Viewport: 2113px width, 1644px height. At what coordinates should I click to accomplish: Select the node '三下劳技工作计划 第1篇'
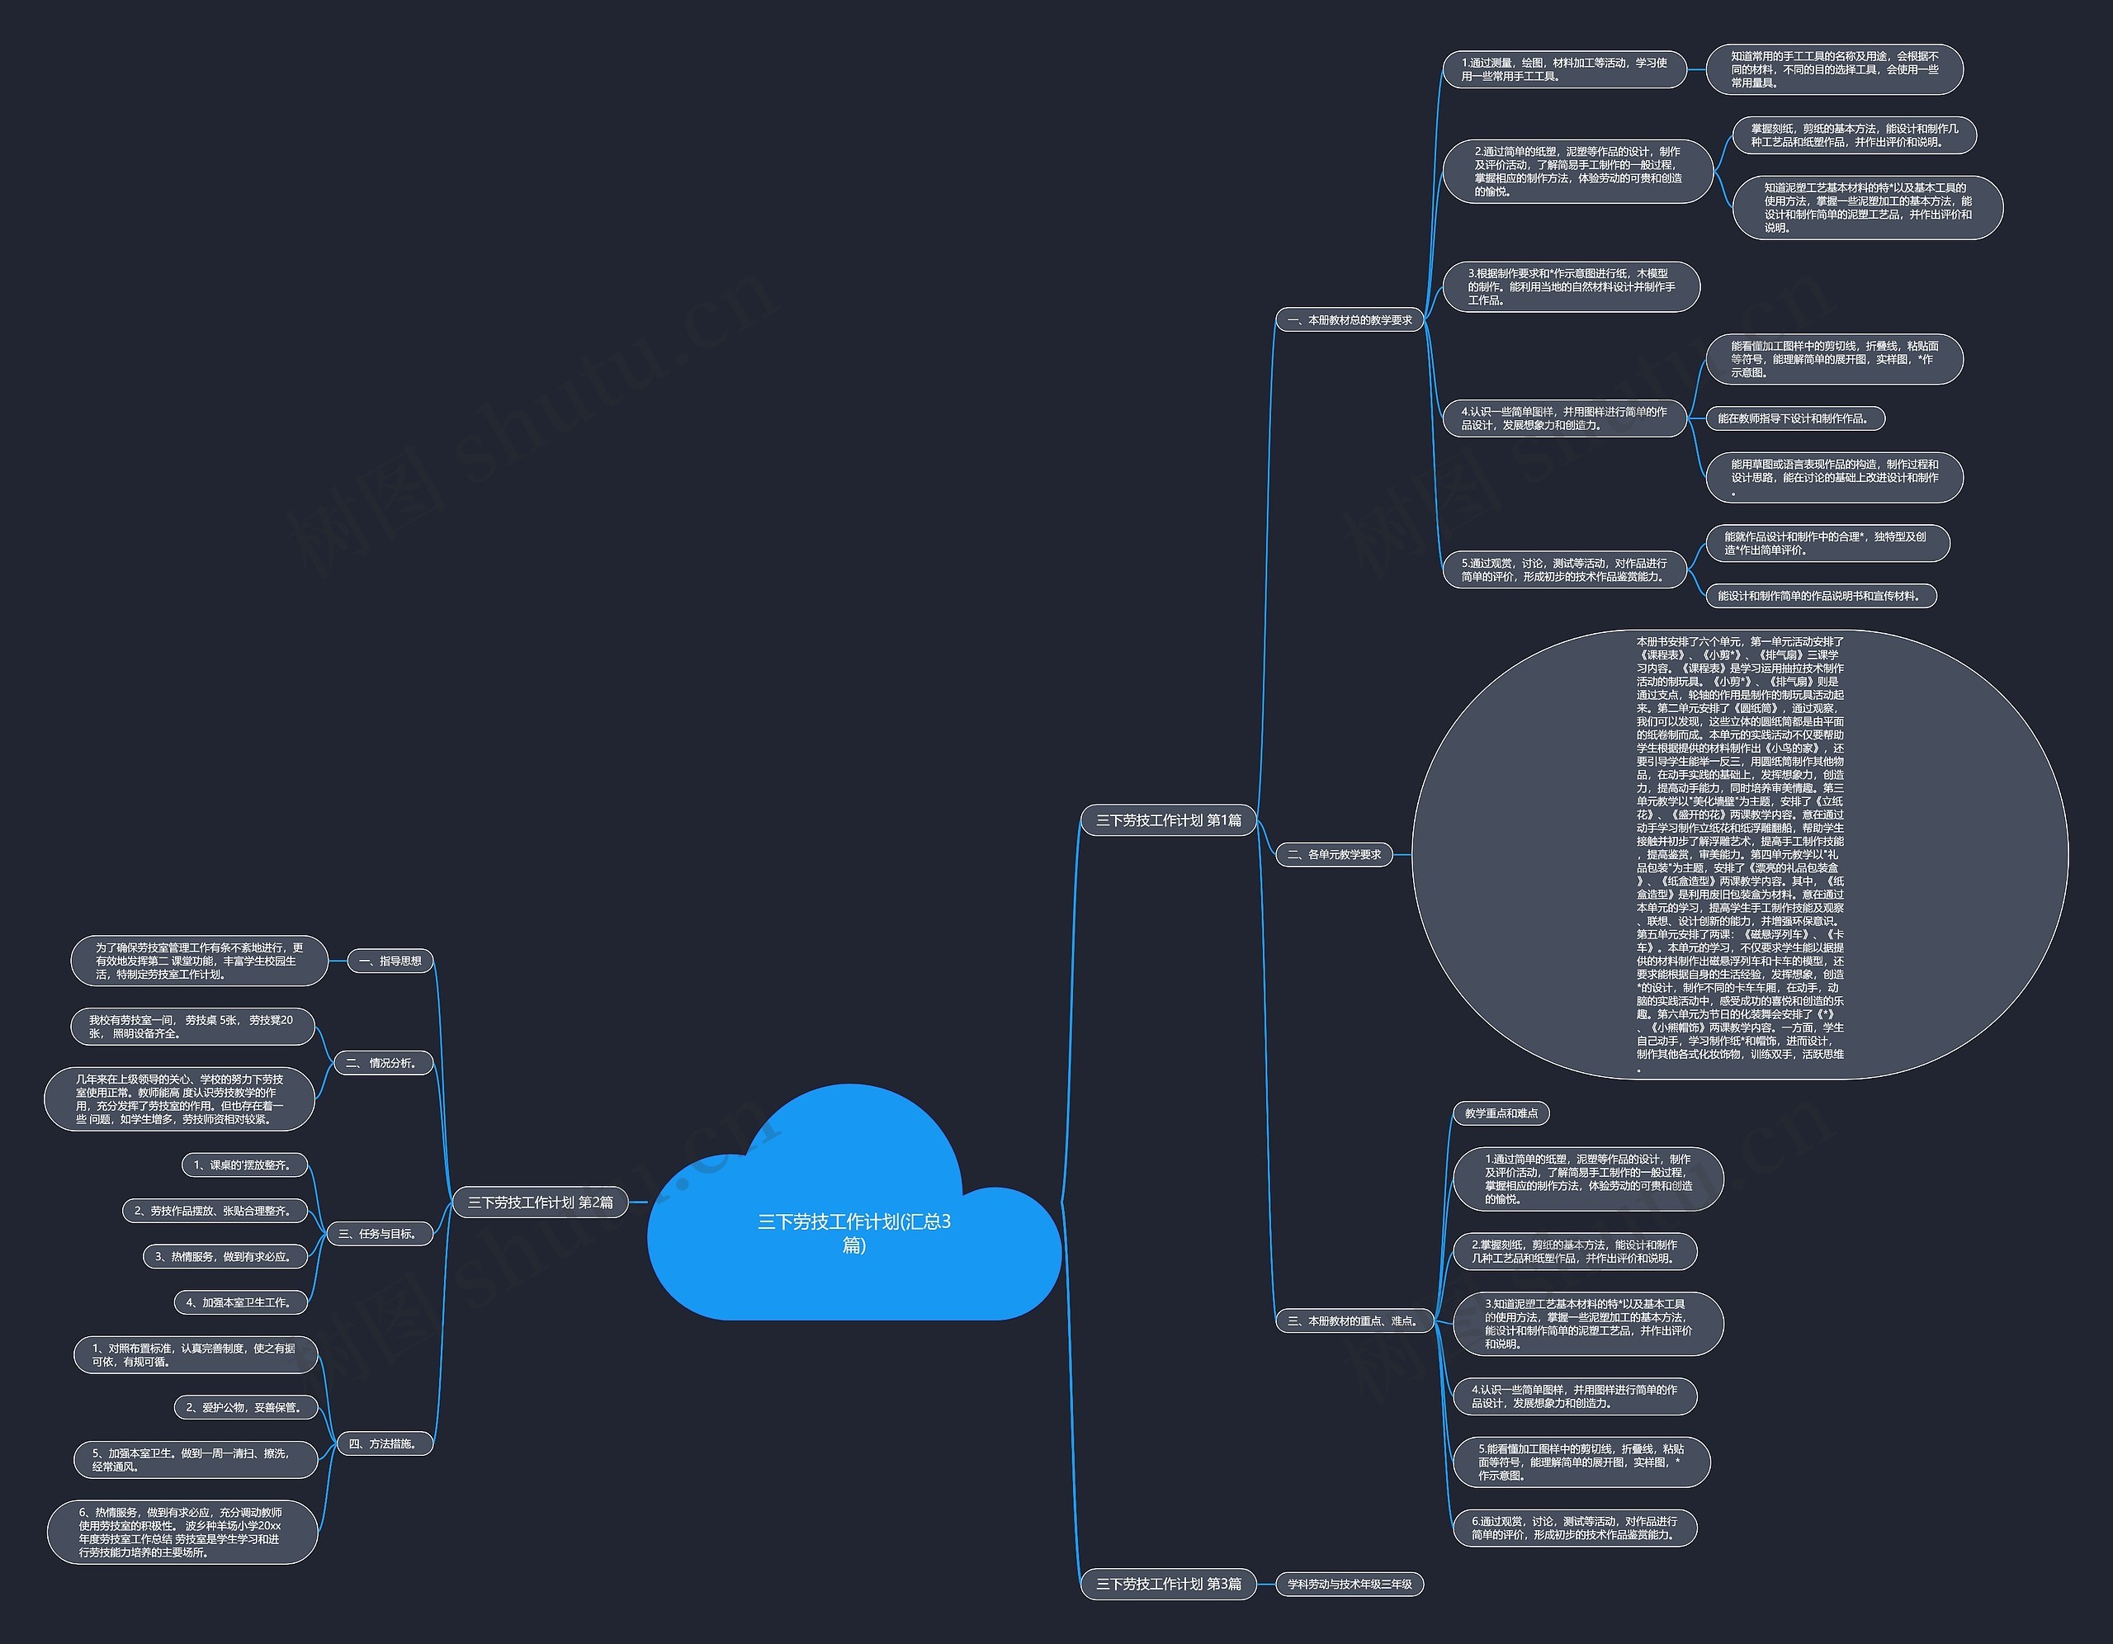(x=1168, y=820)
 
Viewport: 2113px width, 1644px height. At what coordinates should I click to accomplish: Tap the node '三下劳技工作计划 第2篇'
(x=540, y=1202)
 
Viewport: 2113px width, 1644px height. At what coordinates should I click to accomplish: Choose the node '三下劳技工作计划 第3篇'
(x=1168, y=1584)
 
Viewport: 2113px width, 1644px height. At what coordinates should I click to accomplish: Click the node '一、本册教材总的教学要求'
(x=1350, y=320)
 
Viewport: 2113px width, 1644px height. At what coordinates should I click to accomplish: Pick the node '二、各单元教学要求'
(x=1334, y=854)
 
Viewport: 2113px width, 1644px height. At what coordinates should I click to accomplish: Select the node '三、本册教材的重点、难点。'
(x=1352, y=1320)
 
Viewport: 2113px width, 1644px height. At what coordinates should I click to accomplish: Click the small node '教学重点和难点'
(x=1501, y=1113)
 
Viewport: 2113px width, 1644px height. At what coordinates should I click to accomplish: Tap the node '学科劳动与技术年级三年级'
(x=1350, y=1584)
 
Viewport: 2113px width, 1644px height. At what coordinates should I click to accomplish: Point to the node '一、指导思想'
(x=390, y=961)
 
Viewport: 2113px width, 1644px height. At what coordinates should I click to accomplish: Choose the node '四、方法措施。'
(x=383, y=1443)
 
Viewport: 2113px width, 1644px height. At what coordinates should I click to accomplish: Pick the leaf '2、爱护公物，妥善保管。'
(x=245, y=1407)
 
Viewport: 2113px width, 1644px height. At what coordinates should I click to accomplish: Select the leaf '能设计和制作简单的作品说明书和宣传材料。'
(x=1820, y=596)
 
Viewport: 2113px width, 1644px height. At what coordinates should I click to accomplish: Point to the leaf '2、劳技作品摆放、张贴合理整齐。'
(x=214, y=1211)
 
